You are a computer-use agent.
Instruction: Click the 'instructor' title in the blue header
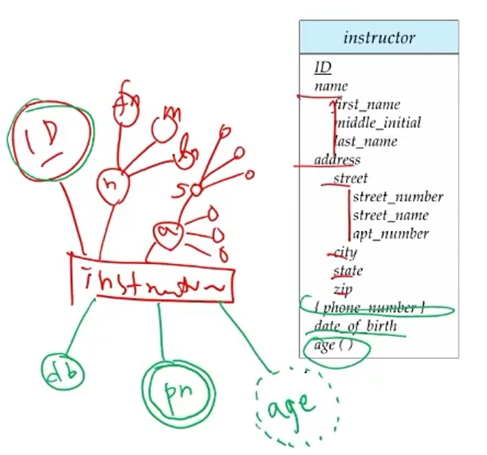click(x=379, y=38)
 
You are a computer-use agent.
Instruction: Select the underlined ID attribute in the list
click(x=323, y=68)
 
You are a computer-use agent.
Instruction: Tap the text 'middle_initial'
click(x=378, y=123)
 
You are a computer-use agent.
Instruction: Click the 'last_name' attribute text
click(x=366, y=141)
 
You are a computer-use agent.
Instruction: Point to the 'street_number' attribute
click(x=398, y=197)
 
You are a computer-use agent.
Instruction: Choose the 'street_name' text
click(x=390, y=215)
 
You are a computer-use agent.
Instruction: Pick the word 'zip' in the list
click(x=343, y=289)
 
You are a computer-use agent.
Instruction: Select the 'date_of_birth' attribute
click(x=355, y=326)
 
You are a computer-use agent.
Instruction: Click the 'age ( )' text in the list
click(x=333, y=345)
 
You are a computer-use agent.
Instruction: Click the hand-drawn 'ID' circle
click(x=50, y=141)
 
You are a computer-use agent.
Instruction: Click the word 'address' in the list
click(x=337, y=160)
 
